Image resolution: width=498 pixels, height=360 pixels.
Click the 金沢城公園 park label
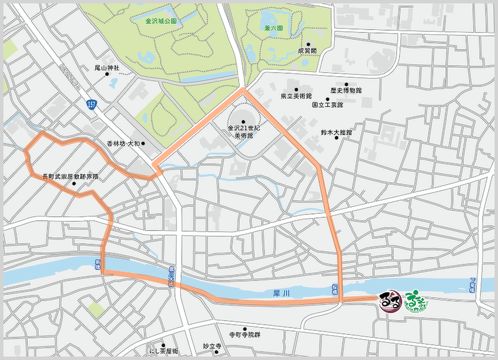[161, 21]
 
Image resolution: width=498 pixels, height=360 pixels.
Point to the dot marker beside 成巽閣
[308, 44]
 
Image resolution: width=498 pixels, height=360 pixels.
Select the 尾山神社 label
[107, 68]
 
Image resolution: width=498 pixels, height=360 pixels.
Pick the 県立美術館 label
[296, 96]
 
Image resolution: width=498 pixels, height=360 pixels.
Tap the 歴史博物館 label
[346, 91]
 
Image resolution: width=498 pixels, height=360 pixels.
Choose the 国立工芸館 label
[327, 105]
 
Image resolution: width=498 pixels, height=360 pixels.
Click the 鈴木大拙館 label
[337, 133]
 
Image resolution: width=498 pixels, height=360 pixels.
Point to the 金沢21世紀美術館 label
[243, 131]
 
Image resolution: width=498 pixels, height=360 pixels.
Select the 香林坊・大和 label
[123, 144]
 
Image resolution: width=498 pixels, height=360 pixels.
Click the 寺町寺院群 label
[245, 334]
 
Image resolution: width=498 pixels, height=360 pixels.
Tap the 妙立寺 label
[212, 346]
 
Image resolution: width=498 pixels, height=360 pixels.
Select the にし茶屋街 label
[164, 351]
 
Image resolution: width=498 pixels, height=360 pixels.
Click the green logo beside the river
[415, 301]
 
